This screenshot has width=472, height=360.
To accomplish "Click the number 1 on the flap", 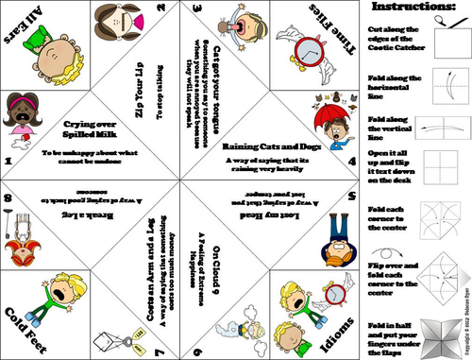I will pyautogui.click(x=8, y=161).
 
